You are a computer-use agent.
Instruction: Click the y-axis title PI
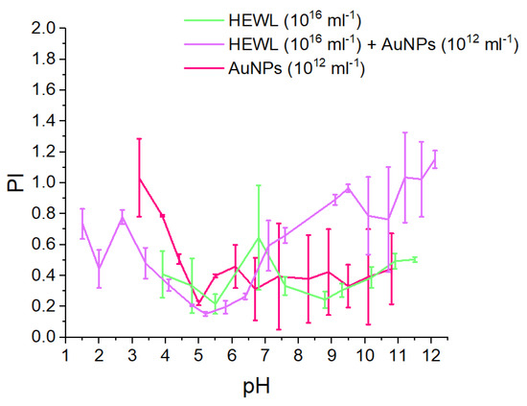click(17, 181)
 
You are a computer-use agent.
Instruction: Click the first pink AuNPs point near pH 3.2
click(139, 177)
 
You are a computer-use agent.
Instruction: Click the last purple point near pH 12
click(434, 159)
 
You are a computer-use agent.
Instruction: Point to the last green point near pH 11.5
click(414, 258)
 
